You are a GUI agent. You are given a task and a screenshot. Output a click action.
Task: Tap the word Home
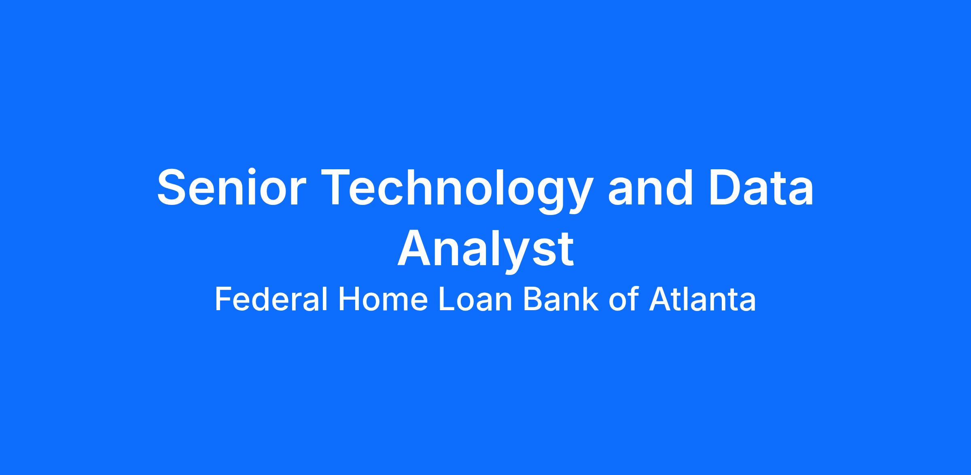point(383,300)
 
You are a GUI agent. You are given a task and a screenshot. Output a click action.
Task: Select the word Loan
point(476,300)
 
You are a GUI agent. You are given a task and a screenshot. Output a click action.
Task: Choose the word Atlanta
point(702,300)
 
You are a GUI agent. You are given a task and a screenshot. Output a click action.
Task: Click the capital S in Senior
point(172,187)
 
